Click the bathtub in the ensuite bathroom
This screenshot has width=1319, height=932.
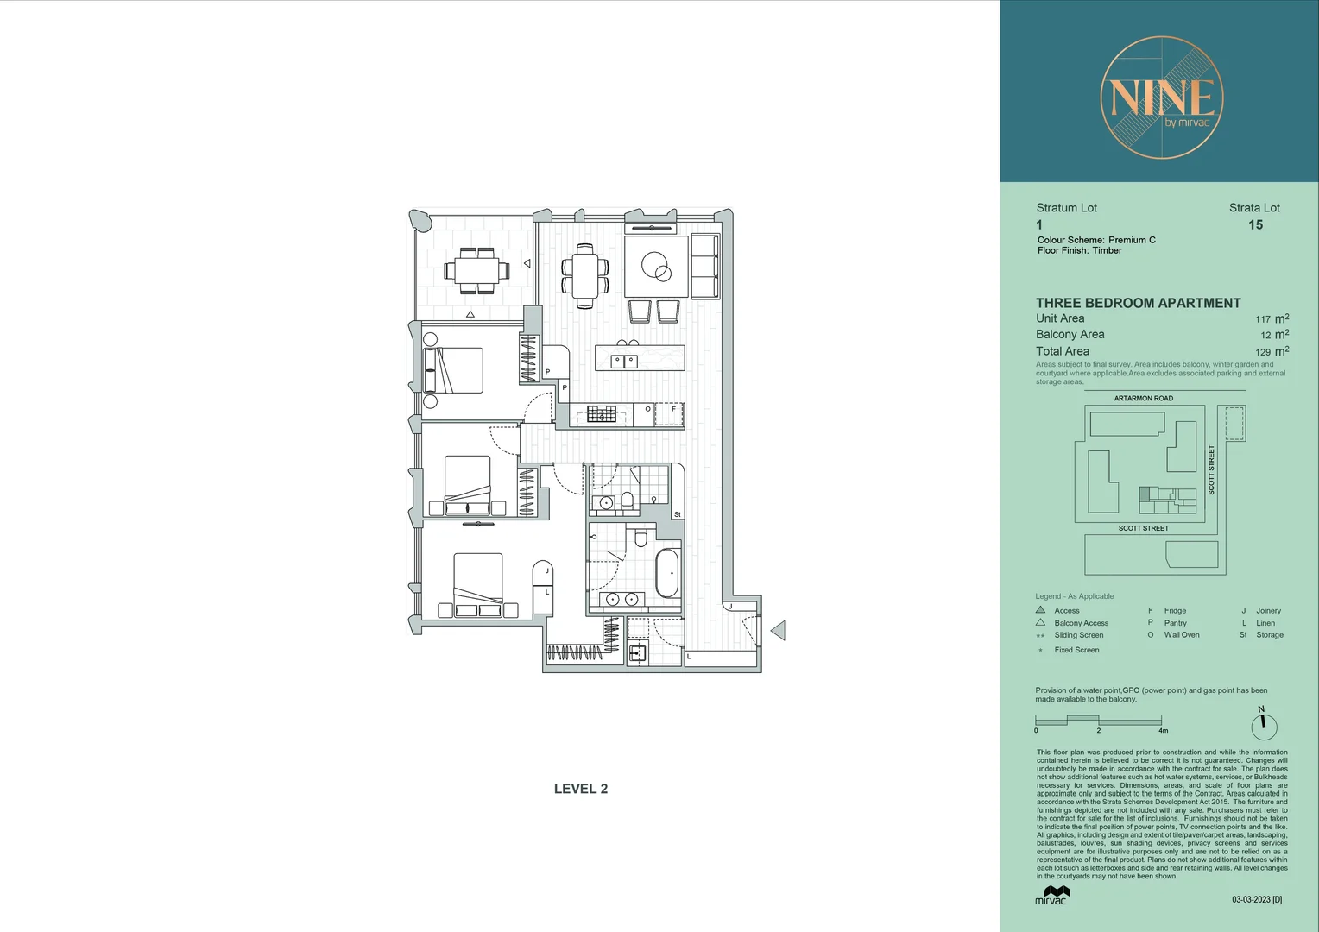pyautogui.click(x=666, y=573)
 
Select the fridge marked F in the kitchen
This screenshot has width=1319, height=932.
pyautogui.click(x=669, y=414)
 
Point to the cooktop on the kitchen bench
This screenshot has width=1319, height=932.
pyautogui.click(x=602, y=415)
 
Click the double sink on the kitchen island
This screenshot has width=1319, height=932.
pyautogui.click(x=624, y=361)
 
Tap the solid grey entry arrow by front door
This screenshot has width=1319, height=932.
pyautogui.click(x=778, y=631)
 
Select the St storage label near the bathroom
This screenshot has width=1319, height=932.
pyautogui.click(x=677, y=514)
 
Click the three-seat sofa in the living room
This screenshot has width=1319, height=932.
pyautogui.click(x=705, y=267)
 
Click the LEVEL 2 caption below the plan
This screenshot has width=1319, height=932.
pyautogui.click(x=580, y=789)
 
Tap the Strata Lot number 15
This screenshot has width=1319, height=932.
pyautogui.click(x=1255, y=225)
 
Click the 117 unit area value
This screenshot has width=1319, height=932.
pyautogui.click(x=1262, y=319)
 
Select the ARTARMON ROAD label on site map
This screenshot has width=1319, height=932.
pyautogui.click(x=1143, y=399)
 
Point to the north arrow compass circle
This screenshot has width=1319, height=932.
pyautogui.click(x=1263, y=726)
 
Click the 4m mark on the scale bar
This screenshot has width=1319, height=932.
pyautogui.click(x=1163, y=730)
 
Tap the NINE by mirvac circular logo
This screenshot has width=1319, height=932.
pyautogui.click(x=1161, y=98)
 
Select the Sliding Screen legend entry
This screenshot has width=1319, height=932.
pyautogui.click(x=1078, y=635)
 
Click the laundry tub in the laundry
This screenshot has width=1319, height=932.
pyautogui.click(x=637, y=653)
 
